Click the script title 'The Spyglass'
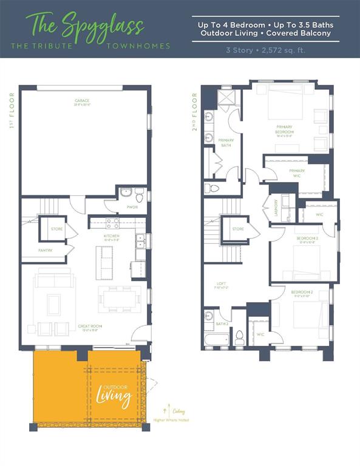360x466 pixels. pyautogui.click(x=85, y=25)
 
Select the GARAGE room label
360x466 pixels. pyautogui.click(x=82, y=101)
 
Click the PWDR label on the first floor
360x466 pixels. pyautogui.click(x=132, y=207)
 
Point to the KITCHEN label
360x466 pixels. pyautogui.click(x=111, y=235)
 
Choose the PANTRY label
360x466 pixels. pyautogui.click(x=46, y=250)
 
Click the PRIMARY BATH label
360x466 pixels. pyautogui.click(x=226, y=143)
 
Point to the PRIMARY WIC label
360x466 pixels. pyautogui.click(x=297, y=173)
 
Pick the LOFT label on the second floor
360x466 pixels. pyautogui.click(x=222, y=283)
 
